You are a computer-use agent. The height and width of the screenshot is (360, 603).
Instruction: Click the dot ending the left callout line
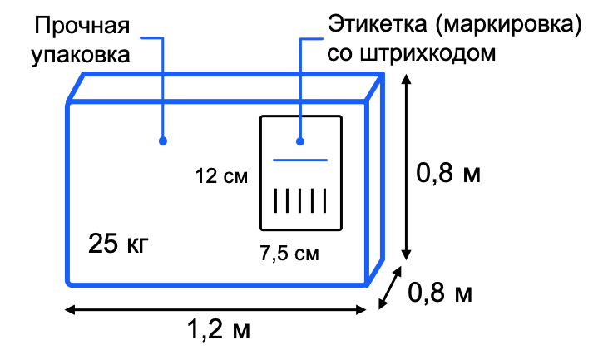163,141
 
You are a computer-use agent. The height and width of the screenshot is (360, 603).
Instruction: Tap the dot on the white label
300,141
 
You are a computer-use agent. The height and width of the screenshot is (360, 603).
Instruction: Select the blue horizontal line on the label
300,160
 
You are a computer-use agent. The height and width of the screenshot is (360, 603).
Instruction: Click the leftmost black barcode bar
275,200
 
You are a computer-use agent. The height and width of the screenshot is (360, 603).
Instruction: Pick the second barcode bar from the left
288,200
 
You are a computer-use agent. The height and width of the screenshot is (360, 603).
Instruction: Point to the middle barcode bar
300,200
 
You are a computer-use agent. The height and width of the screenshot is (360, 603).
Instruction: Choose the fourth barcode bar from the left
313,200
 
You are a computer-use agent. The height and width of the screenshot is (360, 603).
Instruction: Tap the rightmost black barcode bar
325,200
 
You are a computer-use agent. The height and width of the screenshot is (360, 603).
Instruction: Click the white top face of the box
225,87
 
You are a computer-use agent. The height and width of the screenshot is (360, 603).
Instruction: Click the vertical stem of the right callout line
300,83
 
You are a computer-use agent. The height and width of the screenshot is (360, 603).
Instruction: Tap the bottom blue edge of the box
216,285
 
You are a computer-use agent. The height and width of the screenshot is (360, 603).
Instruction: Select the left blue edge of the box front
67,191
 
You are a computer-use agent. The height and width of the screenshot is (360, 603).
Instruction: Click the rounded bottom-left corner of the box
70,283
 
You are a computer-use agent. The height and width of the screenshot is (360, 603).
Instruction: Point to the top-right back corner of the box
382,75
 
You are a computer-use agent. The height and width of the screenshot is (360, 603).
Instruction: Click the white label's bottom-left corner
264,227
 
